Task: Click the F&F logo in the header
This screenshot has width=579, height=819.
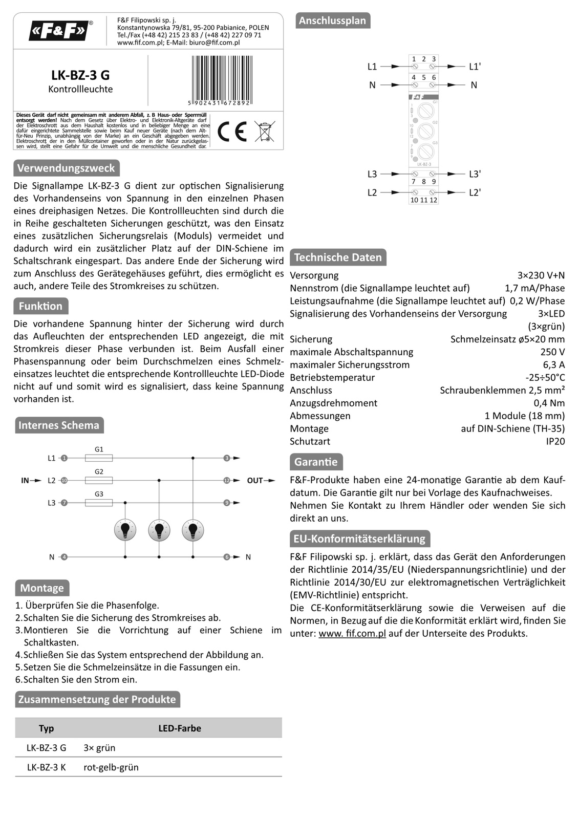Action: pyautogui.click(x=59, y=31)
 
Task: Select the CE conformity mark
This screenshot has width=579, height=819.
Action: pyautogui.click(x=232, y=132)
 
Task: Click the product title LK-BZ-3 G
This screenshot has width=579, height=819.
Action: pyautogui.click(x=80, y=75)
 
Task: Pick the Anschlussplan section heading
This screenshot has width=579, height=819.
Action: pyautogui.click(x=332, y=20)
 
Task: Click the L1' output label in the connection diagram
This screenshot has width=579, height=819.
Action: pyautogui.click(x=475, y=67)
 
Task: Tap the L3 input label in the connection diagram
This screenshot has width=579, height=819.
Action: pyautogui.click(x=372, y=174)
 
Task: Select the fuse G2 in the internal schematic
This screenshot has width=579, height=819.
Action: pyautogui.click(x=99, y=481)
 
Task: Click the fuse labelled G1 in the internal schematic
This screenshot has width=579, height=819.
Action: pyautogui.click(x=99, y=458)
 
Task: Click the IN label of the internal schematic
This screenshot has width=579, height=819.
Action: pyautogui.click(x=25, y=481)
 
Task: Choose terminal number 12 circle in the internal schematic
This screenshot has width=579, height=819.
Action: pyautogui.click(x=227, y=481)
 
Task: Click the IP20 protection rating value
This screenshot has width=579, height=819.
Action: pyautogui.click(x=555, y=441)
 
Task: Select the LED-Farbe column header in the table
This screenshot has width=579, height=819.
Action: pyautogui.click(x=180, y=728)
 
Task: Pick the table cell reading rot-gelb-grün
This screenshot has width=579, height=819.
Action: pyautogui.click(x=111, y=767)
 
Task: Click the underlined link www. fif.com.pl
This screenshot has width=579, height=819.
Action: pyautogui.click(x=352, y=633)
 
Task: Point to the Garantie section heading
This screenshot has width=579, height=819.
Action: pyautogui.click(x=316, y=462)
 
